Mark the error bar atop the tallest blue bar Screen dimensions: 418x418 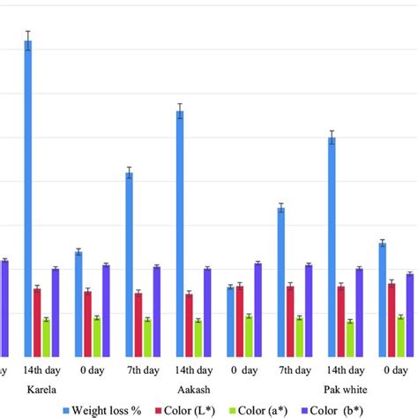tap(27, 41)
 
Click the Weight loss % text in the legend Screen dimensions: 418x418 tap(106, 410)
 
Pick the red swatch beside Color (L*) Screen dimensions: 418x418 tap(160, 410)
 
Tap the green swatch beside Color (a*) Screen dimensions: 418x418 tap(233, 410)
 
